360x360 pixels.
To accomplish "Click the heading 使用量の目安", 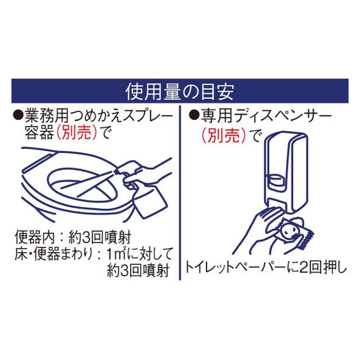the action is click(180, 92).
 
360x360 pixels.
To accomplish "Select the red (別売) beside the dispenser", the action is click(224, 135).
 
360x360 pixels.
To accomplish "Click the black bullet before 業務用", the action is click(18, 114).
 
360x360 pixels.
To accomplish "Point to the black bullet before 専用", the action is click(194, 115).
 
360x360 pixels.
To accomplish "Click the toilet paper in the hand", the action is click(296, 234).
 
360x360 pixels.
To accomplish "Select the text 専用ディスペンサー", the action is click(266, 116).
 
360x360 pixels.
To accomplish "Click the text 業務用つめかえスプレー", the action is click(99, 115).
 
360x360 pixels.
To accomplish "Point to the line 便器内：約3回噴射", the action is click(73, 237).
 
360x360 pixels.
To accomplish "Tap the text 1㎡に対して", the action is click(139, 254).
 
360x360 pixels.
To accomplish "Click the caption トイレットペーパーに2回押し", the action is click(266, 268).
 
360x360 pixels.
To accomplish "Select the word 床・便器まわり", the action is click(54, 254).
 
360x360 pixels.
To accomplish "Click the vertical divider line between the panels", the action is click(180, 193).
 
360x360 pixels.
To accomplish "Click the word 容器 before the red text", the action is click(39, 133).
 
